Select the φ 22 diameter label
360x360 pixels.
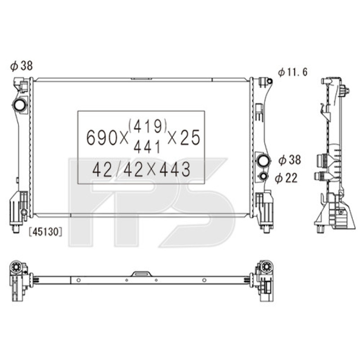[x=287, y=179]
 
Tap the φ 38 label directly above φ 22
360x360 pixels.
[x=289, y=159]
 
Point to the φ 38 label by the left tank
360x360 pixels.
[x=21, y=66]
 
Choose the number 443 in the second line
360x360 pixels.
[x=172, y=170]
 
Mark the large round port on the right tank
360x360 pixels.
[x=263, y=160]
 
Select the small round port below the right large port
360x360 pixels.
[x=263, y=176]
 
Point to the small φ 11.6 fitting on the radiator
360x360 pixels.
[x=269, y=81]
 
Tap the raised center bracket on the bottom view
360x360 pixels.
[x=141, y=274]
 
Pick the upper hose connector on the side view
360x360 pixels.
[x=322, y=160]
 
